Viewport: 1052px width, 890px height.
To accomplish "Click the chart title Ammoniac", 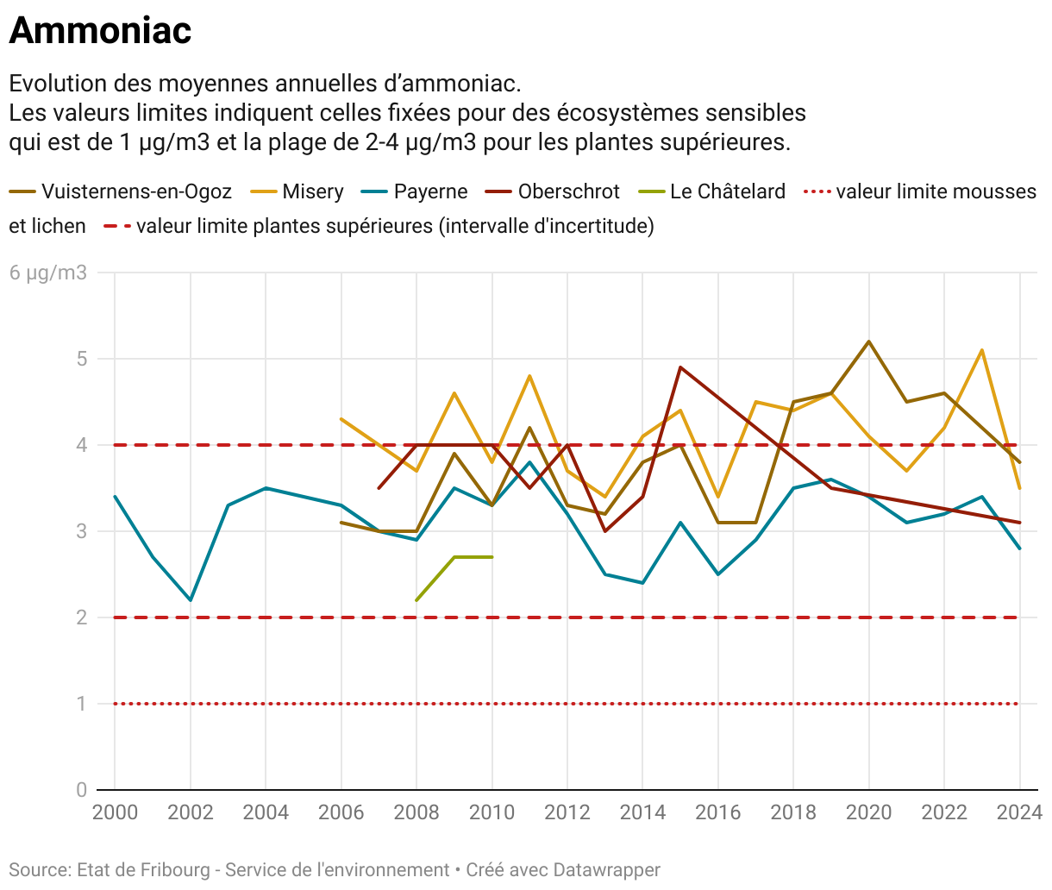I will pos(100,31).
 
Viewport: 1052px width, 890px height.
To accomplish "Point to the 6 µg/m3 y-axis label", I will pos(48,273).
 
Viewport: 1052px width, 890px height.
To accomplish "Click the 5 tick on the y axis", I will pos(82,359).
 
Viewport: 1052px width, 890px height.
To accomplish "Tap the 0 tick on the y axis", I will pos(82,790).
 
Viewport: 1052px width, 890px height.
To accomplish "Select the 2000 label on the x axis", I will pos(115,812).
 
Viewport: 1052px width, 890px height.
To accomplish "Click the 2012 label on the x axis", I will pos(567,812).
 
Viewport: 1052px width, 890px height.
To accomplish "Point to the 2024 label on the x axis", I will pos(1019,812).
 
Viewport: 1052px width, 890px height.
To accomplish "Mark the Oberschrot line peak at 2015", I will pos(680,367).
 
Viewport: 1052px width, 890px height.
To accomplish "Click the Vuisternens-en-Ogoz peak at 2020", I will pos(868,342).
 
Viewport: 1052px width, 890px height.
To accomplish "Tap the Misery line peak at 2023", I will pos(981,350).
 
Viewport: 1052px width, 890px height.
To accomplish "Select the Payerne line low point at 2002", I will pos(190,600).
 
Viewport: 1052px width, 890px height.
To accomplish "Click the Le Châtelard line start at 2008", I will pos(416,600).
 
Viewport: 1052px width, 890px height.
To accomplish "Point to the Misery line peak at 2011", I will pos(529,376).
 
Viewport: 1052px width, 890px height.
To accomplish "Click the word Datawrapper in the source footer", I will pos(606,870).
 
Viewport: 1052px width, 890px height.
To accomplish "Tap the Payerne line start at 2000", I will pos(115,497).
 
